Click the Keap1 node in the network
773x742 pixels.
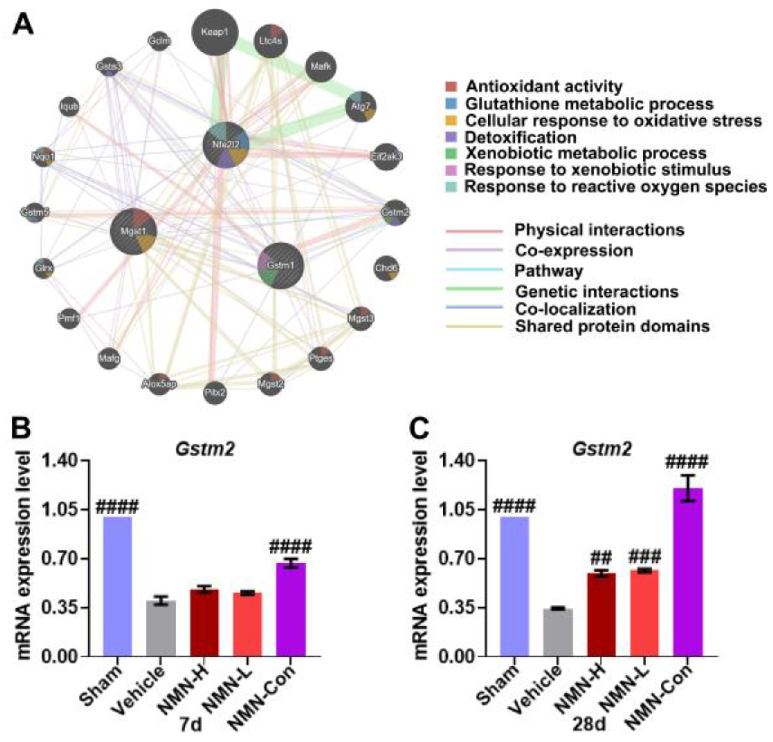pyautogui.click(x=215, y=33)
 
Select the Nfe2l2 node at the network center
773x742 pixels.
pyautogui.click(x=226, y=145)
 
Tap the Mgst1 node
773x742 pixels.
pyautogui.click(x=133, y=231)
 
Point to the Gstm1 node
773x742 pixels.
pyautogui.click(x=281, y=265)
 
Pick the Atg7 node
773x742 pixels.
pyautogui.click(x=361, y=106)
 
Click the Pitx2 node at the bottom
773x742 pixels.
pyautogui.click(x=215, y=392)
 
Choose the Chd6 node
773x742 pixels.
pyautogui.click(x=386, y=268)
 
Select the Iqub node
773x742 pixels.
pyautogui.click(x=69, y=106)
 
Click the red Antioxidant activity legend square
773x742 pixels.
pyautogui.click(x=451, y=87)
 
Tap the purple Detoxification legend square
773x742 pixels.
pyautogui.click(x=451, y=137)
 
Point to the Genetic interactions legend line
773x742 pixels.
pyautogui.click(x=474, y=289)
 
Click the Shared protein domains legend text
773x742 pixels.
pyautogui.click(x=612, y=326)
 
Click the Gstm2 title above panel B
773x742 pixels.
pyautogui.click(x=205, y=449)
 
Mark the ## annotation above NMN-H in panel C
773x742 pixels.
pyautogui.click(x=601, y=558)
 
